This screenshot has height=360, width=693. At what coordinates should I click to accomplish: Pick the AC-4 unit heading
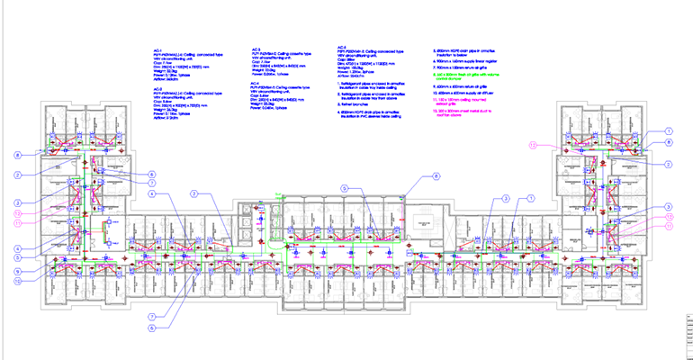tap(256, 82)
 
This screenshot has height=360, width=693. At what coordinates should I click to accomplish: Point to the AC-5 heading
tap(341, 46)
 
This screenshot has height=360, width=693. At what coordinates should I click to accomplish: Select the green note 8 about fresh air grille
tap(468, 76)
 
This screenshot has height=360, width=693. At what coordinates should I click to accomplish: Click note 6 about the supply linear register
tap(464, 60)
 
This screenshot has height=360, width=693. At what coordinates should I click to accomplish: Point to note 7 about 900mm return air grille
tap(464, 68)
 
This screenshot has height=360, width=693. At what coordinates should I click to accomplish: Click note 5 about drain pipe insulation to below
tap(466, 52)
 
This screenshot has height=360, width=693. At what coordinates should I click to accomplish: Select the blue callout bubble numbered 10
tap(17, 280)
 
